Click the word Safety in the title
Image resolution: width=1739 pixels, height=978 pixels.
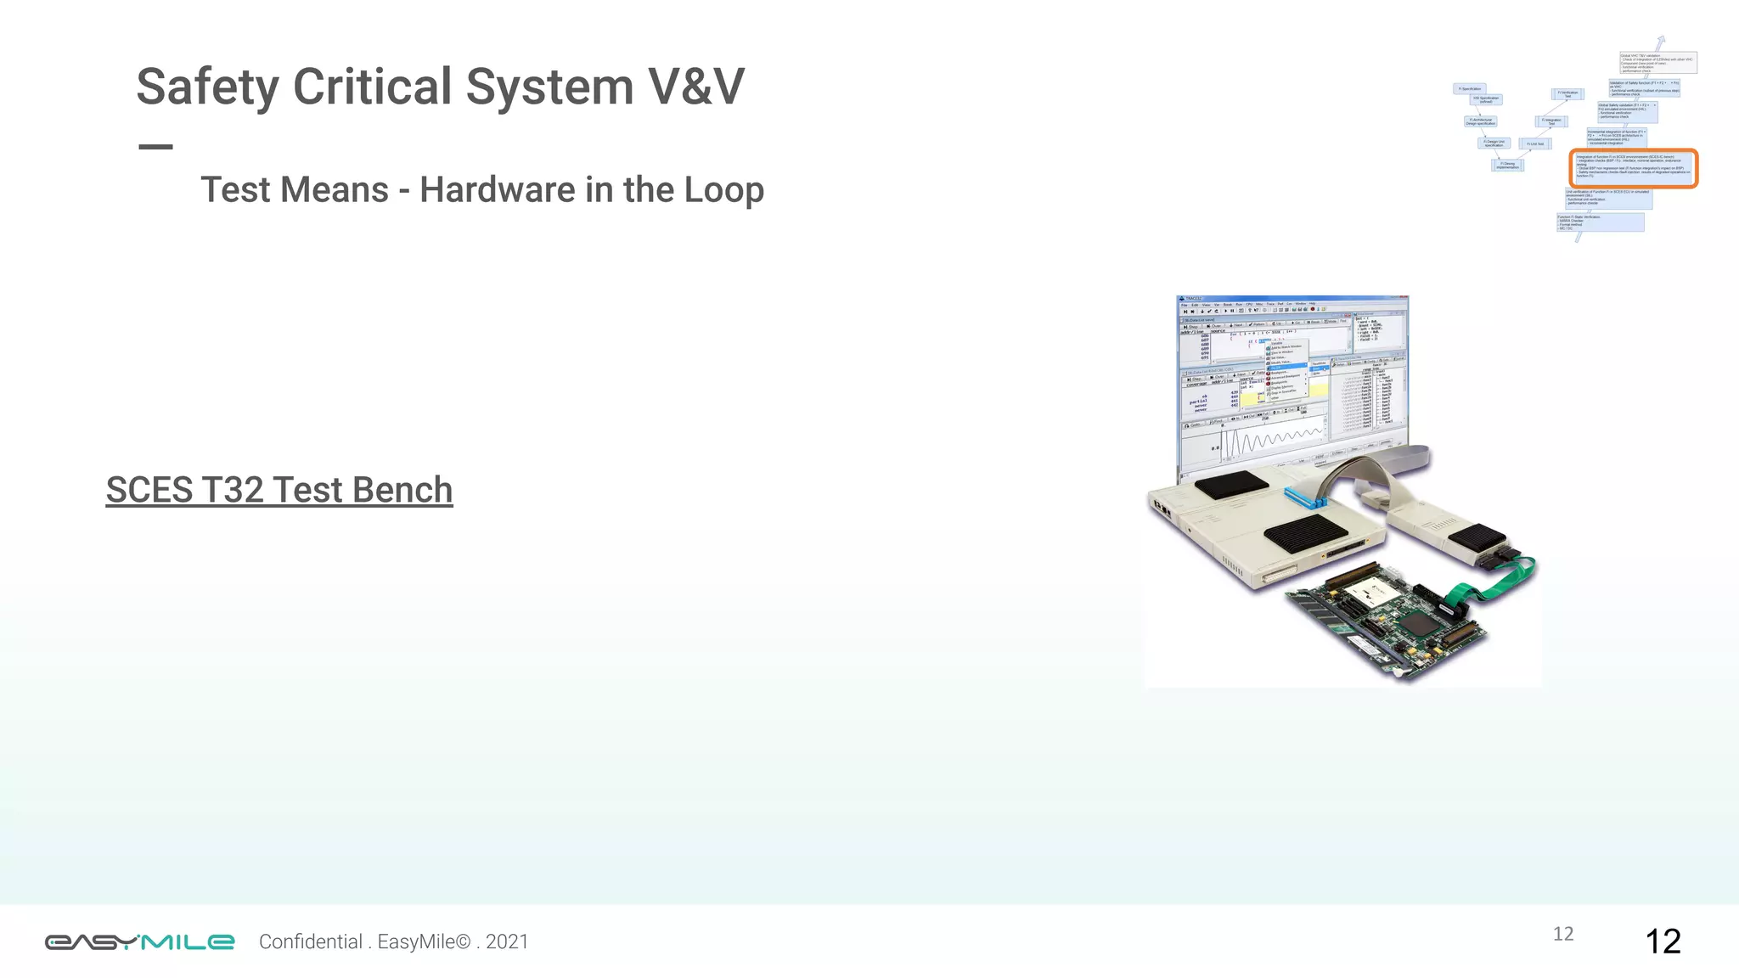207,87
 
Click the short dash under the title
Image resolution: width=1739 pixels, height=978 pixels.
155,147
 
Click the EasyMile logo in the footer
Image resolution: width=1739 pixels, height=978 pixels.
139,941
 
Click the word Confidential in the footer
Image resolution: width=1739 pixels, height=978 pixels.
311,941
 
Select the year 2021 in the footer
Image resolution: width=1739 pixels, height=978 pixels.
507,941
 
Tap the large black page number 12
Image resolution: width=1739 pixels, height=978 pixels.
1663,941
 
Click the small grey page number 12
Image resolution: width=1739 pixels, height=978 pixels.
1563,934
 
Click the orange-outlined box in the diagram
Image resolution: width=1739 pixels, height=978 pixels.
1633,167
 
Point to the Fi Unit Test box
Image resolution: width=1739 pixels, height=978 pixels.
1536,144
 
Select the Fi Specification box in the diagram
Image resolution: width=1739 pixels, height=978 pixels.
1470,88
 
